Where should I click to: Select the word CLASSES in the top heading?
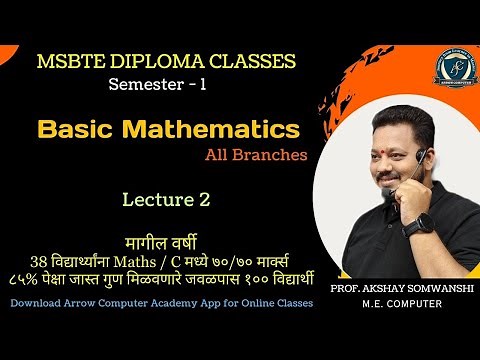(249, 62)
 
